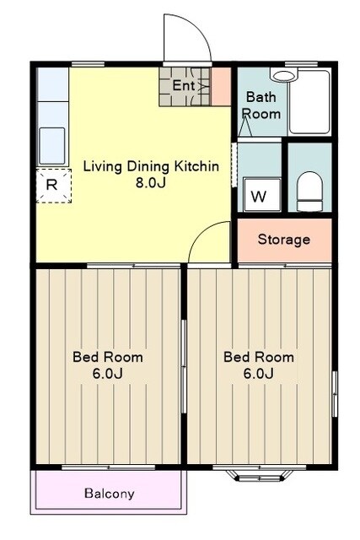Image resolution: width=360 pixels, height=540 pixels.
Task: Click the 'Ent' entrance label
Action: [x=184, y=85]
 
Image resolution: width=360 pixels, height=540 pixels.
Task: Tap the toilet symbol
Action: [x=309, y=192]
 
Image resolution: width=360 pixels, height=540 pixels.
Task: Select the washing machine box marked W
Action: [x=262, y=195]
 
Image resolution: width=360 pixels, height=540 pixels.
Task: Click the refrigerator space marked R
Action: [x=54, y=186]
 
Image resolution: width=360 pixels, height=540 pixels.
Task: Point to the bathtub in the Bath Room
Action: [x=309, y=102]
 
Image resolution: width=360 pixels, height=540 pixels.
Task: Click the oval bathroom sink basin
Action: [x=284, y=76]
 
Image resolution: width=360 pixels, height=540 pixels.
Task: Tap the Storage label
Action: [x=284, y=240]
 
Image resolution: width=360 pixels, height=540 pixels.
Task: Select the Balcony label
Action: [x=110, y=494]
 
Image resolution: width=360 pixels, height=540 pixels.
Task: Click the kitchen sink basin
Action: [x=52, y=146]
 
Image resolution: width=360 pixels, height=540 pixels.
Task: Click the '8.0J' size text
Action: [x=151, y=182]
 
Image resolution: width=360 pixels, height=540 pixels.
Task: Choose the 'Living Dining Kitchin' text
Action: [x=151, y=167]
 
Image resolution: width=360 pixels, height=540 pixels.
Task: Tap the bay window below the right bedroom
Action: [x=260, y=475]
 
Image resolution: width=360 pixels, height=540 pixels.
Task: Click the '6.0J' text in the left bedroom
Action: [x=108, y=373]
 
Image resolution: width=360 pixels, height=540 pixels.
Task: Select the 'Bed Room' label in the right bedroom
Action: [x=259, y=357]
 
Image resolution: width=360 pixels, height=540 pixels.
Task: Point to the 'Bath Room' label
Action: [x=261, y=105]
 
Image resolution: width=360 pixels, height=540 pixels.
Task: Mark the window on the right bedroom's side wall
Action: [x=335, y=394]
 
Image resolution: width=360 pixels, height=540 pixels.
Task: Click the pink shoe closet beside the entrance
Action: [x=221, y=86]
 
